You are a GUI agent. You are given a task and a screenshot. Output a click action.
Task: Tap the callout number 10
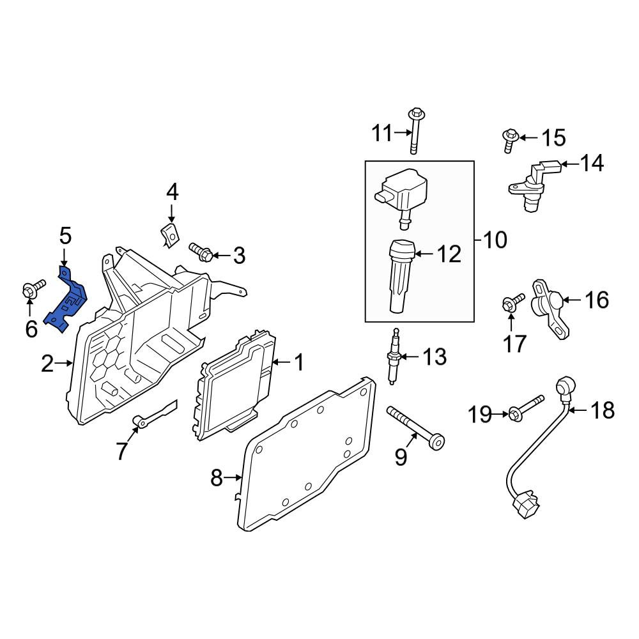[495, 240]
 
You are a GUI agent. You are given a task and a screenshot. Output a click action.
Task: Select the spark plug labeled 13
[394, 357]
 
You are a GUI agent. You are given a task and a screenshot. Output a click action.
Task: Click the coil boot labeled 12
[402, 276]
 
